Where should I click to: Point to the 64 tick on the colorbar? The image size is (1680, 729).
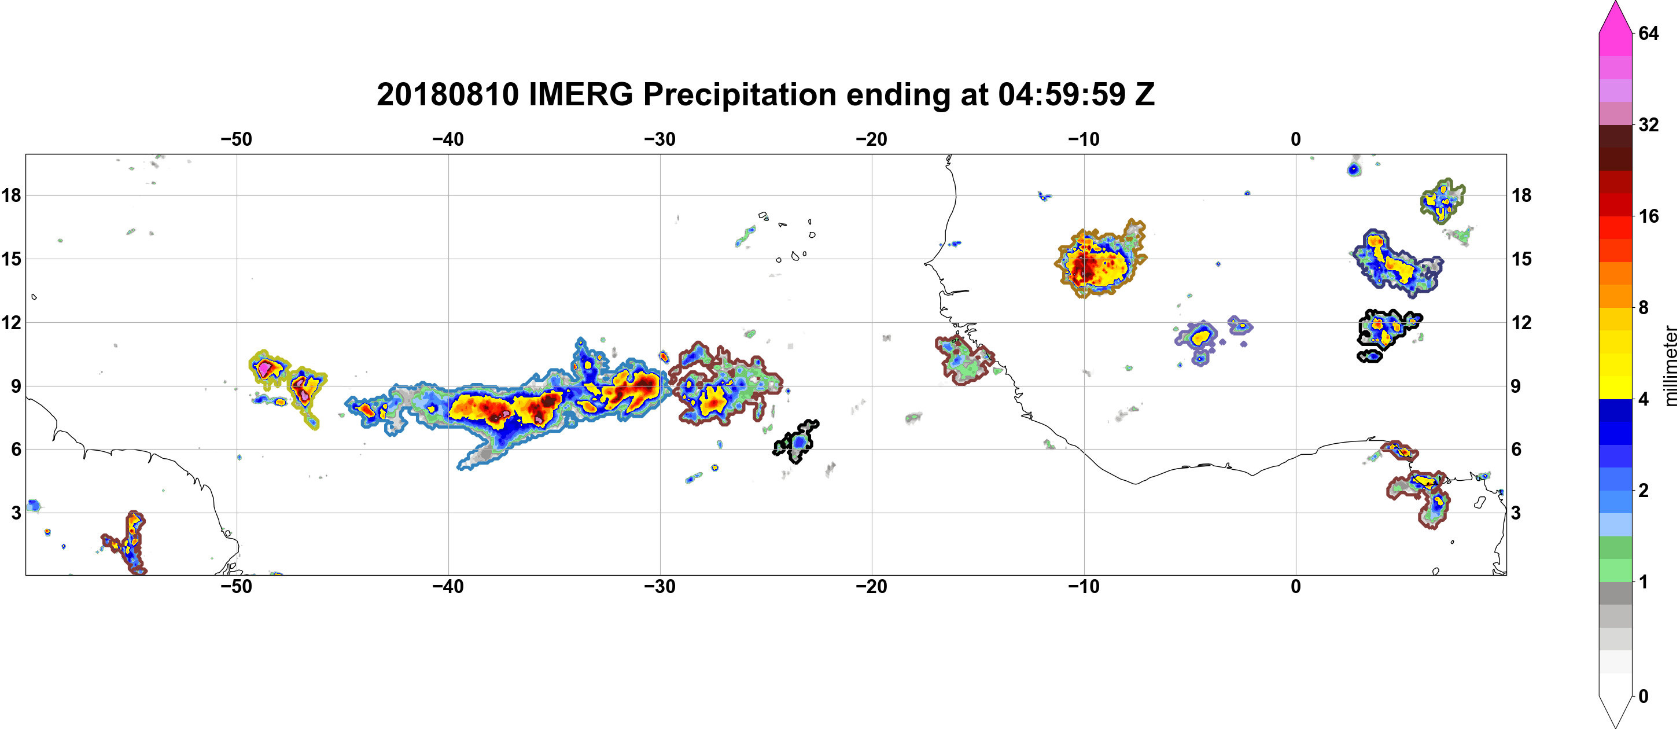1648,33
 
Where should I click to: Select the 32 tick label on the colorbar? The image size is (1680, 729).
1648,124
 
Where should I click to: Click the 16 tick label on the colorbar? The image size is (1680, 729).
1648,216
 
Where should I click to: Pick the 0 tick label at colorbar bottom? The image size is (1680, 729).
1643,697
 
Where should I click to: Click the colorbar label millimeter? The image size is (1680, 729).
1670,366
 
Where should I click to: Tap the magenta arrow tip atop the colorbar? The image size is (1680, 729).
1615,3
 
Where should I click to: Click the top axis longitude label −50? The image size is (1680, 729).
236,139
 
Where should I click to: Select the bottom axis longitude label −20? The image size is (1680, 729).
872,587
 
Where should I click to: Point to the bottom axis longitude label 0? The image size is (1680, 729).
1296,587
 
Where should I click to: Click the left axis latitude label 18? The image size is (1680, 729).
11,195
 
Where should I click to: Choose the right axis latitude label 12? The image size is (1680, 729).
1521,322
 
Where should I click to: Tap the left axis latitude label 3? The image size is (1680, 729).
16,513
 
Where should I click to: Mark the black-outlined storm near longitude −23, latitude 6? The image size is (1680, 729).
796,441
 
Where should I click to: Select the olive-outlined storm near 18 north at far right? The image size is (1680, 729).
1443,201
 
